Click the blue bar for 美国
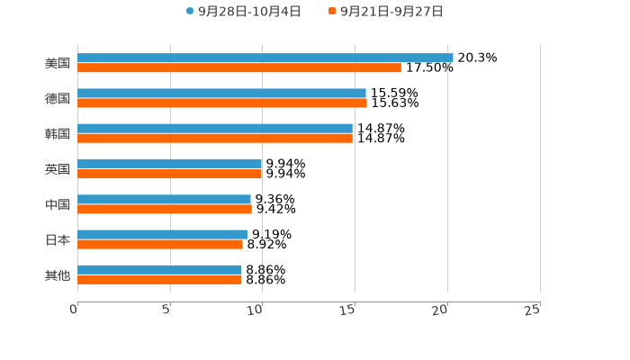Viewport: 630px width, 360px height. click(265, 58)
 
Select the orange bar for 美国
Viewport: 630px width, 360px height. click(239, 67)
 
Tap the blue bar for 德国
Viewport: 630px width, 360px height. click(221, 93)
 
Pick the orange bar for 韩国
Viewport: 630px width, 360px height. click(215, 138)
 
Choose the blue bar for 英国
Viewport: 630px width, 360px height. click(170, 164)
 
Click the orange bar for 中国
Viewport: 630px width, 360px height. click(165, 209)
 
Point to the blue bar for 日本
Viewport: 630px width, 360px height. click(162, 234)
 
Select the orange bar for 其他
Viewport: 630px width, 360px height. click(159, 279)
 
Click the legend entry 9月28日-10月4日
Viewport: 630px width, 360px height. click(249, 12)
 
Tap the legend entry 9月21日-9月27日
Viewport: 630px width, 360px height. click(391, 12)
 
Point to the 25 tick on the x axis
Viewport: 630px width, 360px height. click(533, 310)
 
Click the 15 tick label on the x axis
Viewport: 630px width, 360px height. click(348, 310)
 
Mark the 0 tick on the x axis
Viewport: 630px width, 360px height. click(74, 310)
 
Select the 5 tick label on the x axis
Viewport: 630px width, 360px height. click(166, 310)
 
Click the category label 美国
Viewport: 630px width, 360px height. click(58, 63)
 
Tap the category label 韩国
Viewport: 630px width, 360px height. click(58, 133)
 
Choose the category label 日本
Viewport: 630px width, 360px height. click(58, 239)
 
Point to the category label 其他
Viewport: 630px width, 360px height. click(58, 274)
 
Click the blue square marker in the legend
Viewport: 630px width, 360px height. click(190, 12)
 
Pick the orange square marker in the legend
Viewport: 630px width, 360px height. click(332, 12)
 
